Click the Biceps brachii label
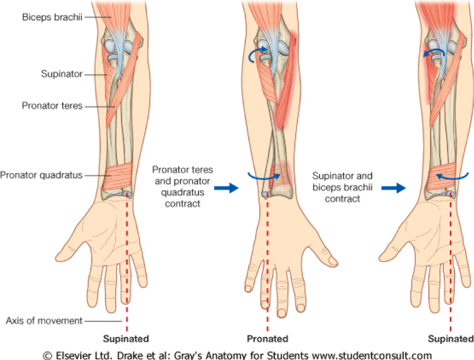coord(52,17)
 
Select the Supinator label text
coord(62,74)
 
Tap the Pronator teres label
coord(52,106)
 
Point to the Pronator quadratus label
coord(41,175)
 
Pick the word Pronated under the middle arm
coord(267,338)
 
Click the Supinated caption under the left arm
coord(126,338)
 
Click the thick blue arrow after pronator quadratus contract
coord(225,188)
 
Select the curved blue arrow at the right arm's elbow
coord(434,54)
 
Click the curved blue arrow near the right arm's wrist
coord(452,175)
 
